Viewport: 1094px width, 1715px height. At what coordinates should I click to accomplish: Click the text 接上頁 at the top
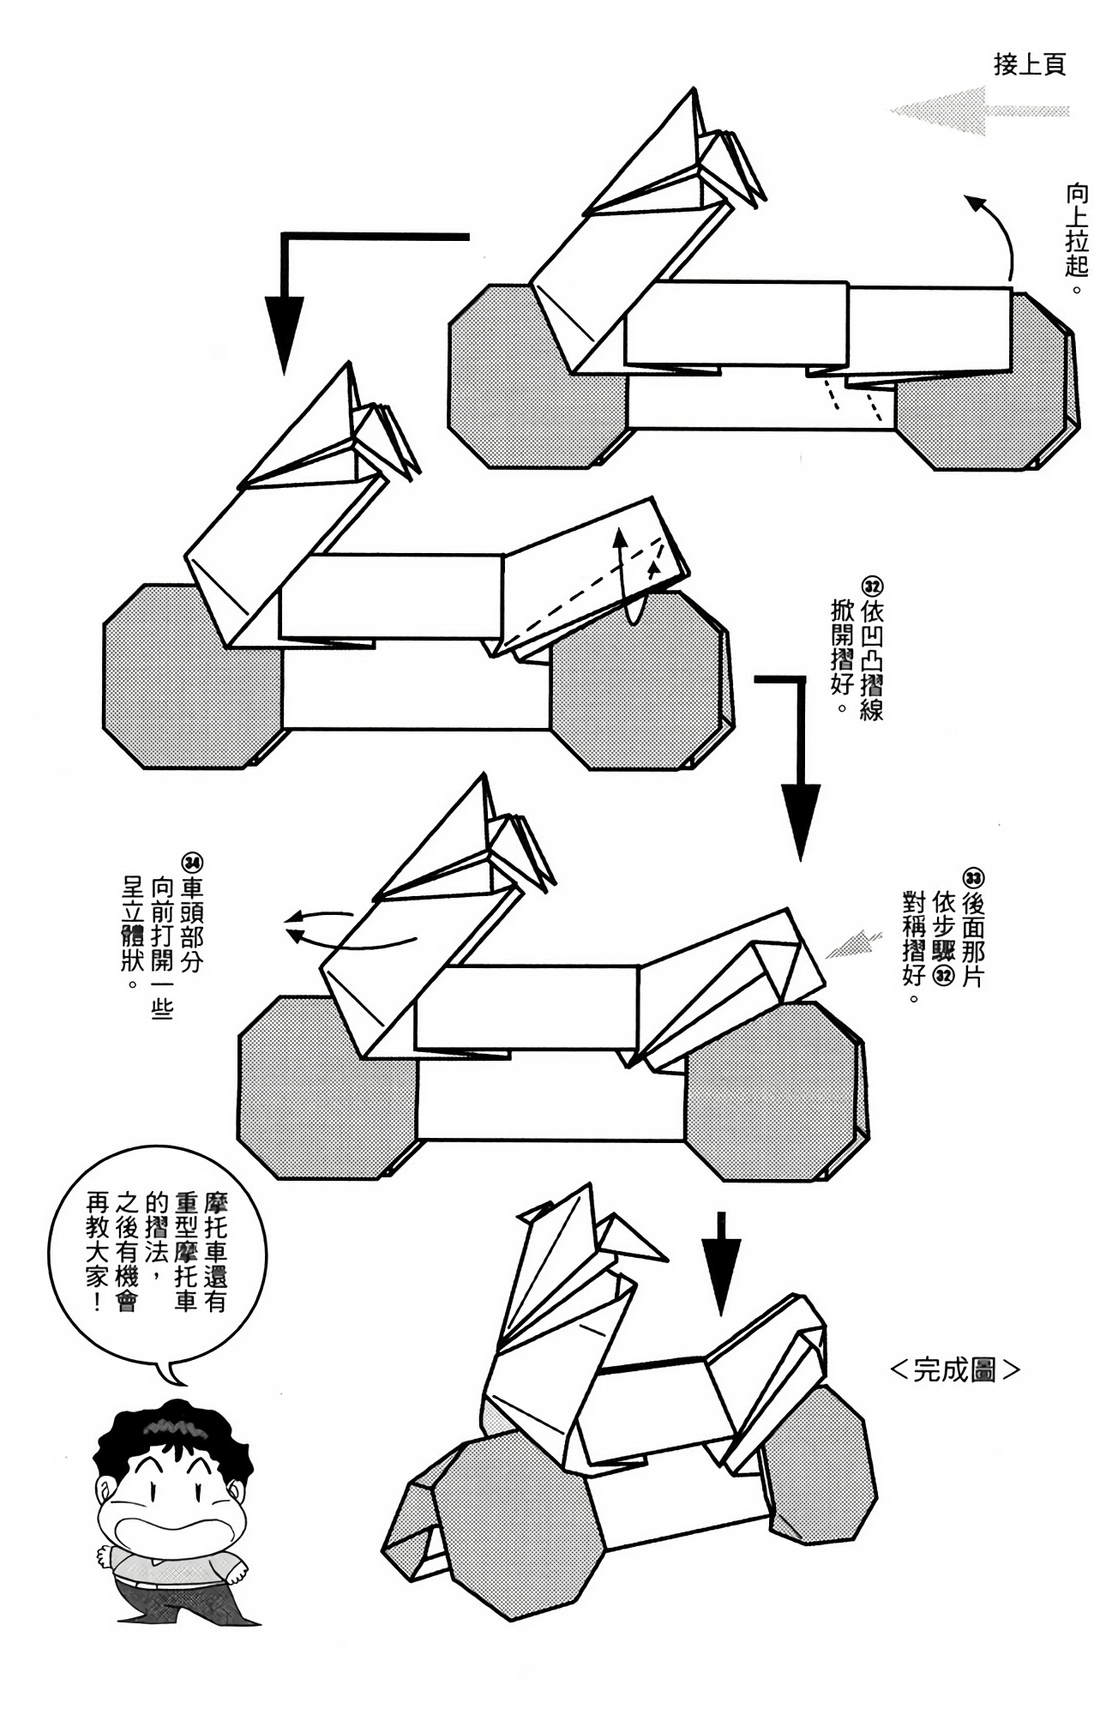[1029, 64]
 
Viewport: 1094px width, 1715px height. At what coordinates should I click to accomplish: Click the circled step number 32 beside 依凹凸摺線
[872, 588]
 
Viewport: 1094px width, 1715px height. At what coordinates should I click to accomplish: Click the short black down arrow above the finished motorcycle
[721, 1260]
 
